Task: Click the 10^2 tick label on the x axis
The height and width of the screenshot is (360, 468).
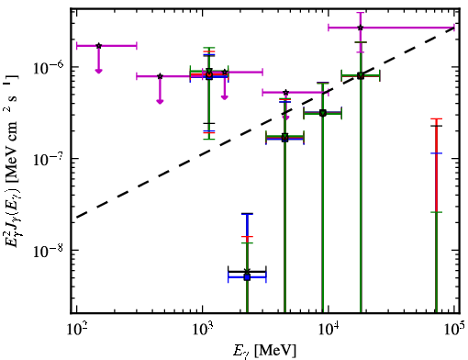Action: pyautogui.click(x=76, y=330)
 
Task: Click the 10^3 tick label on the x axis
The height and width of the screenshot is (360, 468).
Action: pyautogui.click(x=202, y=330)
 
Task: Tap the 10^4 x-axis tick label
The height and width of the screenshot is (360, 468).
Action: pyautogui.click(x=329, y=330)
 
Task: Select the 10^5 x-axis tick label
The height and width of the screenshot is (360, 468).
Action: pyautogui.click(x=454, y=330)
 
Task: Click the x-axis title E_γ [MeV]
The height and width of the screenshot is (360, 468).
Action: pyautogui.click(x=264, y=351)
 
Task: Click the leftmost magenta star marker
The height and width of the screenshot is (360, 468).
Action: pyautogui.click(x=98, y=46)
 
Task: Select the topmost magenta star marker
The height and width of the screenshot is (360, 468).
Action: pyautogui.click(x=361, y=28)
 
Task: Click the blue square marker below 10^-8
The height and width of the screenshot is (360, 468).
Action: pyautogui.click(x=247, y=277)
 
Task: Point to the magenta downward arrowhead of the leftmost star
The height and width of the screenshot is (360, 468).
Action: pyautogui.click(x=98, y=71)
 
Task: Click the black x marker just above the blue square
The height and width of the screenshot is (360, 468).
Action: pyautogui.click(x=247, y=272)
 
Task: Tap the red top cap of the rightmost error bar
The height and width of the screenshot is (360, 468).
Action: pyautogui.click(x=437, y=118)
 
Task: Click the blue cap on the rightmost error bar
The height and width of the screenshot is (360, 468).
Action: pyautogui.click(x=437, y=153)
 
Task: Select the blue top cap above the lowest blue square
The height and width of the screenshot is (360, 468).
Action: pyautogui.click(x=247, y=214)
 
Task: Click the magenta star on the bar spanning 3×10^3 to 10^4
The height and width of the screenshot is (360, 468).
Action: pyautogui.click(x=285, y=92)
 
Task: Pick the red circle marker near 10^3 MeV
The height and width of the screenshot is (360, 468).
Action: pyautogui.click(x=209, y=74)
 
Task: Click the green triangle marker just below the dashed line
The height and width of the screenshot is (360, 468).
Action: pyautogui.click(x=284, y=136)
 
